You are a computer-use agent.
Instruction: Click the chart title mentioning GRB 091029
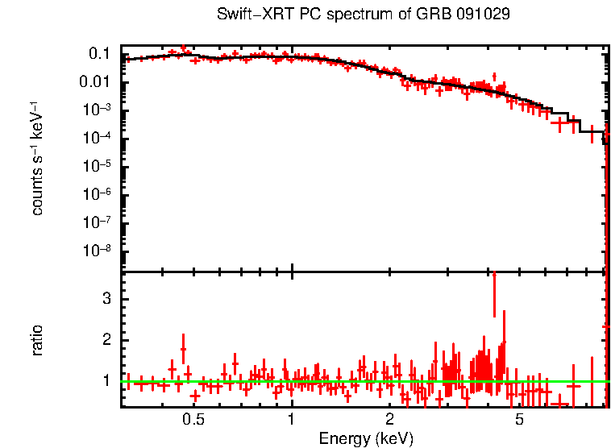tap(364, 15)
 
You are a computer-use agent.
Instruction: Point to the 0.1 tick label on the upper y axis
tap(99, 54)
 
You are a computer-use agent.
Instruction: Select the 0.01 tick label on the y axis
tap(95, 82)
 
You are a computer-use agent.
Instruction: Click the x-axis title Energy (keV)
tap(366, 438)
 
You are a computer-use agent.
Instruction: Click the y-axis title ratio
tap(37, 339)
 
